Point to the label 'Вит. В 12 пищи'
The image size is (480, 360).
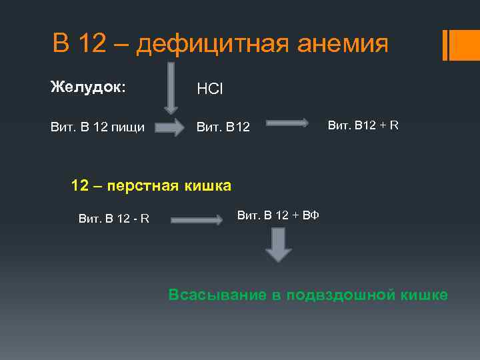[97, 127]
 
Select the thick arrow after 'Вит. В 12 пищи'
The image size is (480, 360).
[173, 127]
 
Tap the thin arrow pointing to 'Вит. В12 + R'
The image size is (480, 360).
[287, 123]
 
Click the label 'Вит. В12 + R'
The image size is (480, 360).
[363, 124]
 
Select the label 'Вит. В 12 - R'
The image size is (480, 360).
[113, 218]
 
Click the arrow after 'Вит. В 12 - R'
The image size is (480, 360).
[197, 219]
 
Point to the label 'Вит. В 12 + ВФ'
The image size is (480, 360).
[278, 215]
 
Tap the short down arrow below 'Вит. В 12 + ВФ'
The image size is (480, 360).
[278, 245]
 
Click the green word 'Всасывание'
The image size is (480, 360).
[217, 295]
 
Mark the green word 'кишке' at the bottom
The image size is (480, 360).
[423, 295]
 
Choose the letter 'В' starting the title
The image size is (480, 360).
[61, 44]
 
